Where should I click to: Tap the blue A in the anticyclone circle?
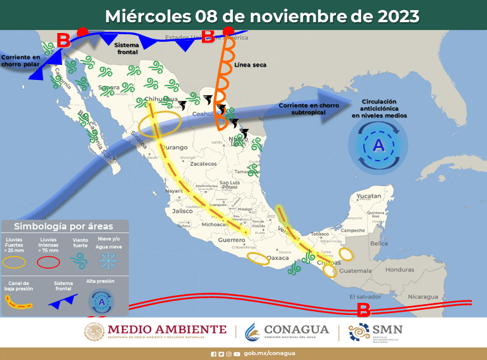point(378,145)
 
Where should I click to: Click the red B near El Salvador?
point(364,310)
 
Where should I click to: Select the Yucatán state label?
point(369,197)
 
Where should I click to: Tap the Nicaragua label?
point(423,297)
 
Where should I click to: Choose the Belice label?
point(379,244)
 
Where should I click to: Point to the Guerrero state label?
point(232,240)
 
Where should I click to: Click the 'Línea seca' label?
point(250,65)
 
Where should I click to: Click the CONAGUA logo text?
point(295,330)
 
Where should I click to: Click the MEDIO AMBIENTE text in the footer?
point(167,329)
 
